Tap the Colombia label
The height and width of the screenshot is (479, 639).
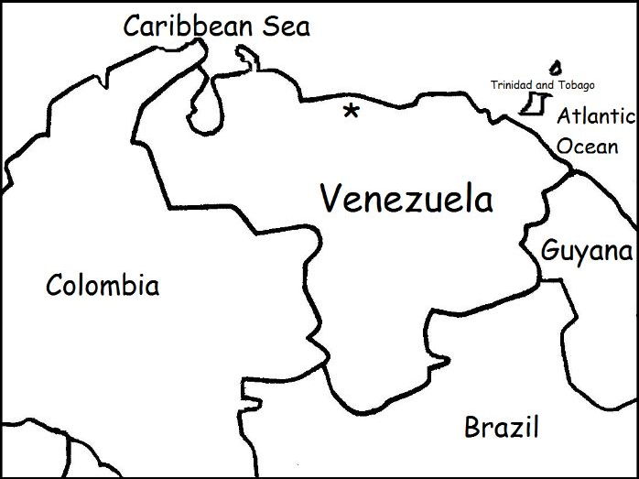pos(103,285)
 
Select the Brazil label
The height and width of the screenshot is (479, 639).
pos(501,427)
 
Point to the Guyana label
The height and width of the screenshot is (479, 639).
pos(587,251)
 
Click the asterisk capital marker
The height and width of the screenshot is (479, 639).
pos(350,112)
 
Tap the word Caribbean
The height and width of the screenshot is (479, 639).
pos(189,26)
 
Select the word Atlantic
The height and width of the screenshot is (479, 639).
pos(596,116)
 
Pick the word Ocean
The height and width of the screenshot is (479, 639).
pos(588,145)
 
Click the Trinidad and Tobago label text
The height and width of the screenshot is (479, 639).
pos(542,85)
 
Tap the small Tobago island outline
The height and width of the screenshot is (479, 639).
pos(555,68)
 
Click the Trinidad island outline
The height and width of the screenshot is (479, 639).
pos(530,103)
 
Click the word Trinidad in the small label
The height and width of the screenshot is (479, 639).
pos(510,85)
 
